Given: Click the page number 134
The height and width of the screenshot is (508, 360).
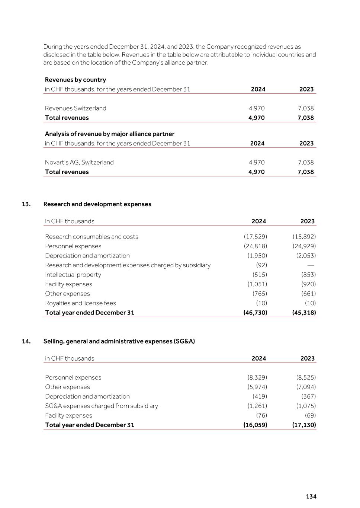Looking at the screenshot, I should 311,496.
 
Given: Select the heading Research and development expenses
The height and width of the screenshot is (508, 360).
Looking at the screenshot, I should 97,204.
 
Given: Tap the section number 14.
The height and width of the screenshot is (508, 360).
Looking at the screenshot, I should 26,341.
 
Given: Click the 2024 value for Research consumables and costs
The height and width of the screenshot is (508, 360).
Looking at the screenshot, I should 255,237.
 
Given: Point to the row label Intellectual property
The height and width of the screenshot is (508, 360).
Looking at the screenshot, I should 73,275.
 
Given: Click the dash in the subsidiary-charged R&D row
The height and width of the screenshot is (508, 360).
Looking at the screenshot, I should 311,265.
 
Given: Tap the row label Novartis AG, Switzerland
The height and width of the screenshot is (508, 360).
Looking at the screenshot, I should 79,162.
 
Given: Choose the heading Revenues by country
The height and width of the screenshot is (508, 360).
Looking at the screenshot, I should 75,80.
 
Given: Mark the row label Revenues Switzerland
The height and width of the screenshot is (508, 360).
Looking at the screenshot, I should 75,108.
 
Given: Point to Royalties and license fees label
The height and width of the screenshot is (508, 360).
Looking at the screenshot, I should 80,303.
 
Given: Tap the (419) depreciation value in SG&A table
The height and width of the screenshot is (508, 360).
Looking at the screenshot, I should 260,396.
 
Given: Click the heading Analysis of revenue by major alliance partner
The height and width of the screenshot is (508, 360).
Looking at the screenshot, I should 110,134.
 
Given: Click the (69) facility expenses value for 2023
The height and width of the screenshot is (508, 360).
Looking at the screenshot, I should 310,415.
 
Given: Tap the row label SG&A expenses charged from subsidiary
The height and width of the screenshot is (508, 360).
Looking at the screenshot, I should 102,406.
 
